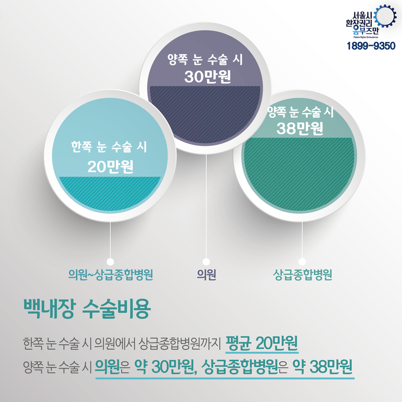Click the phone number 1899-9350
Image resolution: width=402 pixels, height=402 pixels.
coord(371,46)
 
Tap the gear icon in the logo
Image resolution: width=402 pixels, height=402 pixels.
coord(385,16)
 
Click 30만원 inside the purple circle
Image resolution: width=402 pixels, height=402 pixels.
coord(208,76)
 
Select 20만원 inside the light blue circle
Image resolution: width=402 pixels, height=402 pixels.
coord(111,166)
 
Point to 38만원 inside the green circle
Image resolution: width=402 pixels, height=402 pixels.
coord(300,128)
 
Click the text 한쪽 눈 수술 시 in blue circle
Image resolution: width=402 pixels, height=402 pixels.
coord(109,147)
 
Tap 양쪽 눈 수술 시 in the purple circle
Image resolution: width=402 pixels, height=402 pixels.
coord(205,60)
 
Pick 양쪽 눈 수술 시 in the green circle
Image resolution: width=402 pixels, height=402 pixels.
coord(300,112)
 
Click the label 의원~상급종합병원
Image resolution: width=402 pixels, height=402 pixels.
coord(111,275)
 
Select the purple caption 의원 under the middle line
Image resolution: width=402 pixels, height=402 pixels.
coord(207,275)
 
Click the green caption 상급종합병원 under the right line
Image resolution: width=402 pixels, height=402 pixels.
coord(302,275)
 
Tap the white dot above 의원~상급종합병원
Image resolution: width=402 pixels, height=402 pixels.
coord(110,262)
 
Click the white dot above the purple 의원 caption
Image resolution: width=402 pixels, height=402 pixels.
coord(206,262)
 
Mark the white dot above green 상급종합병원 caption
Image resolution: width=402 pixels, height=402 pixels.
coord(302,262)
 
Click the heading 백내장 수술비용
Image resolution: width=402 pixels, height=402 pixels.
coord(87,308)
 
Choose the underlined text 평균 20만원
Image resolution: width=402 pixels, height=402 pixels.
coord(262,343)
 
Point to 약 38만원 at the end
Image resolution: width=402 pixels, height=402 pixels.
coord(323,367)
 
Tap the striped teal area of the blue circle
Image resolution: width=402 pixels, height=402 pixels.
coord(110,193)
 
